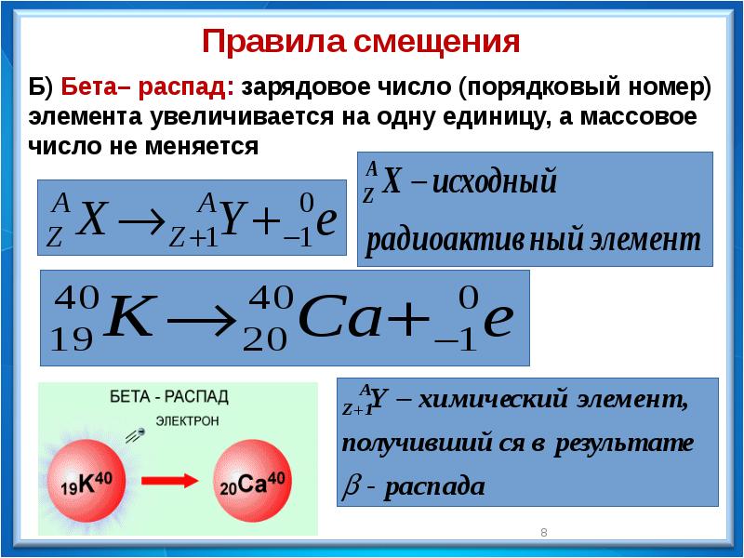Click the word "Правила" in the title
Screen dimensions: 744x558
pyautogui.click(x=273, y=41)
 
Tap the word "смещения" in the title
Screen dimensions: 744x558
pyautogui.click(x=436, y=43)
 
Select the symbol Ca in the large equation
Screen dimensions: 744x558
pyautogui.click(x=339, y=318)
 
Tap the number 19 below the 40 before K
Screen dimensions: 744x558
pyautogui.click(x=72, y=339)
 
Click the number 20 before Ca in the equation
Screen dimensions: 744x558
pyautogui.click(x=265, y=339)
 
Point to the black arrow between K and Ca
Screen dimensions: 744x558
pyautogui.click(x=202, y=322)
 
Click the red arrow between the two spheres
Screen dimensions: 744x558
pyautogui.click(x=170, y=481)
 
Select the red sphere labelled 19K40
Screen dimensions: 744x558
pyautogui.click(x=86, y=481)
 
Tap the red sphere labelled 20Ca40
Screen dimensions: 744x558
pyautogui.click(x=252, y=481)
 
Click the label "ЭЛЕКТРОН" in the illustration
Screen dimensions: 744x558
pyautogui.click(x=188, y=421)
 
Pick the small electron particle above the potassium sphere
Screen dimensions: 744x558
pyautogui.click(x=139, y=432)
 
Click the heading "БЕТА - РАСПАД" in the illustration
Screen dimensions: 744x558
pyautogui.click(x=169, y=397)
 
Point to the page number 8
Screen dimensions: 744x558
pyautogui.click(x=544, y=532)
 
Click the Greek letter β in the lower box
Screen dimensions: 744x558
pyautogui.click(x=351, y=487)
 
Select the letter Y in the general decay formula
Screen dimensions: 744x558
pyautogui.click(x=235, y=219)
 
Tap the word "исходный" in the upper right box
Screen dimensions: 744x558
pyautogui.click(x=495, y=180)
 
